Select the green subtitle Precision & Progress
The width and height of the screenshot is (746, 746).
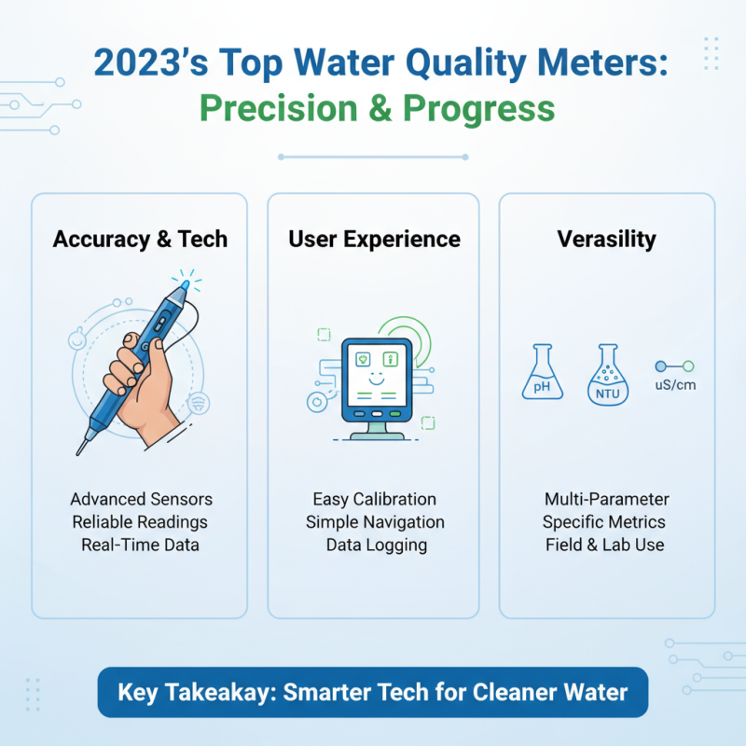[x=378, y=109]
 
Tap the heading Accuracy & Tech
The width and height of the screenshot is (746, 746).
[x=140, y=239]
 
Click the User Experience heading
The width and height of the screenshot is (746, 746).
[x=374, y=239]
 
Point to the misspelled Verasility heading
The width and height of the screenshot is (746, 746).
[x=606, y=239]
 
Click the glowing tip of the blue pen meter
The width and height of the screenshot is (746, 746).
[x=186, y=281]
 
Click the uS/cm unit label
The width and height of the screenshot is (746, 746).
[x=676, y=384]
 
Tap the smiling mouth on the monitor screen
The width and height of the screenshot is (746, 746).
[x=374, y=380]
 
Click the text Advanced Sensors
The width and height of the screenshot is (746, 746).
[x=140, y=500]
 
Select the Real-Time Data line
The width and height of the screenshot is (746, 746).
[x=140, y=545]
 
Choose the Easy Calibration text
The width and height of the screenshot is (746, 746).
[x=374, y=500]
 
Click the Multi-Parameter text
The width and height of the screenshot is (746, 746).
[x=606, y=500]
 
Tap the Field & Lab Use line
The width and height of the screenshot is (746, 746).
[x=605, y=545]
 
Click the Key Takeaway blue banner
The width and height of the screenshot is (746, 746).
[x=373, y=692]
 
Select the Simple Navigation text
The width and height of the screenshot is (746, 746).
[x=375, y=522]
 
